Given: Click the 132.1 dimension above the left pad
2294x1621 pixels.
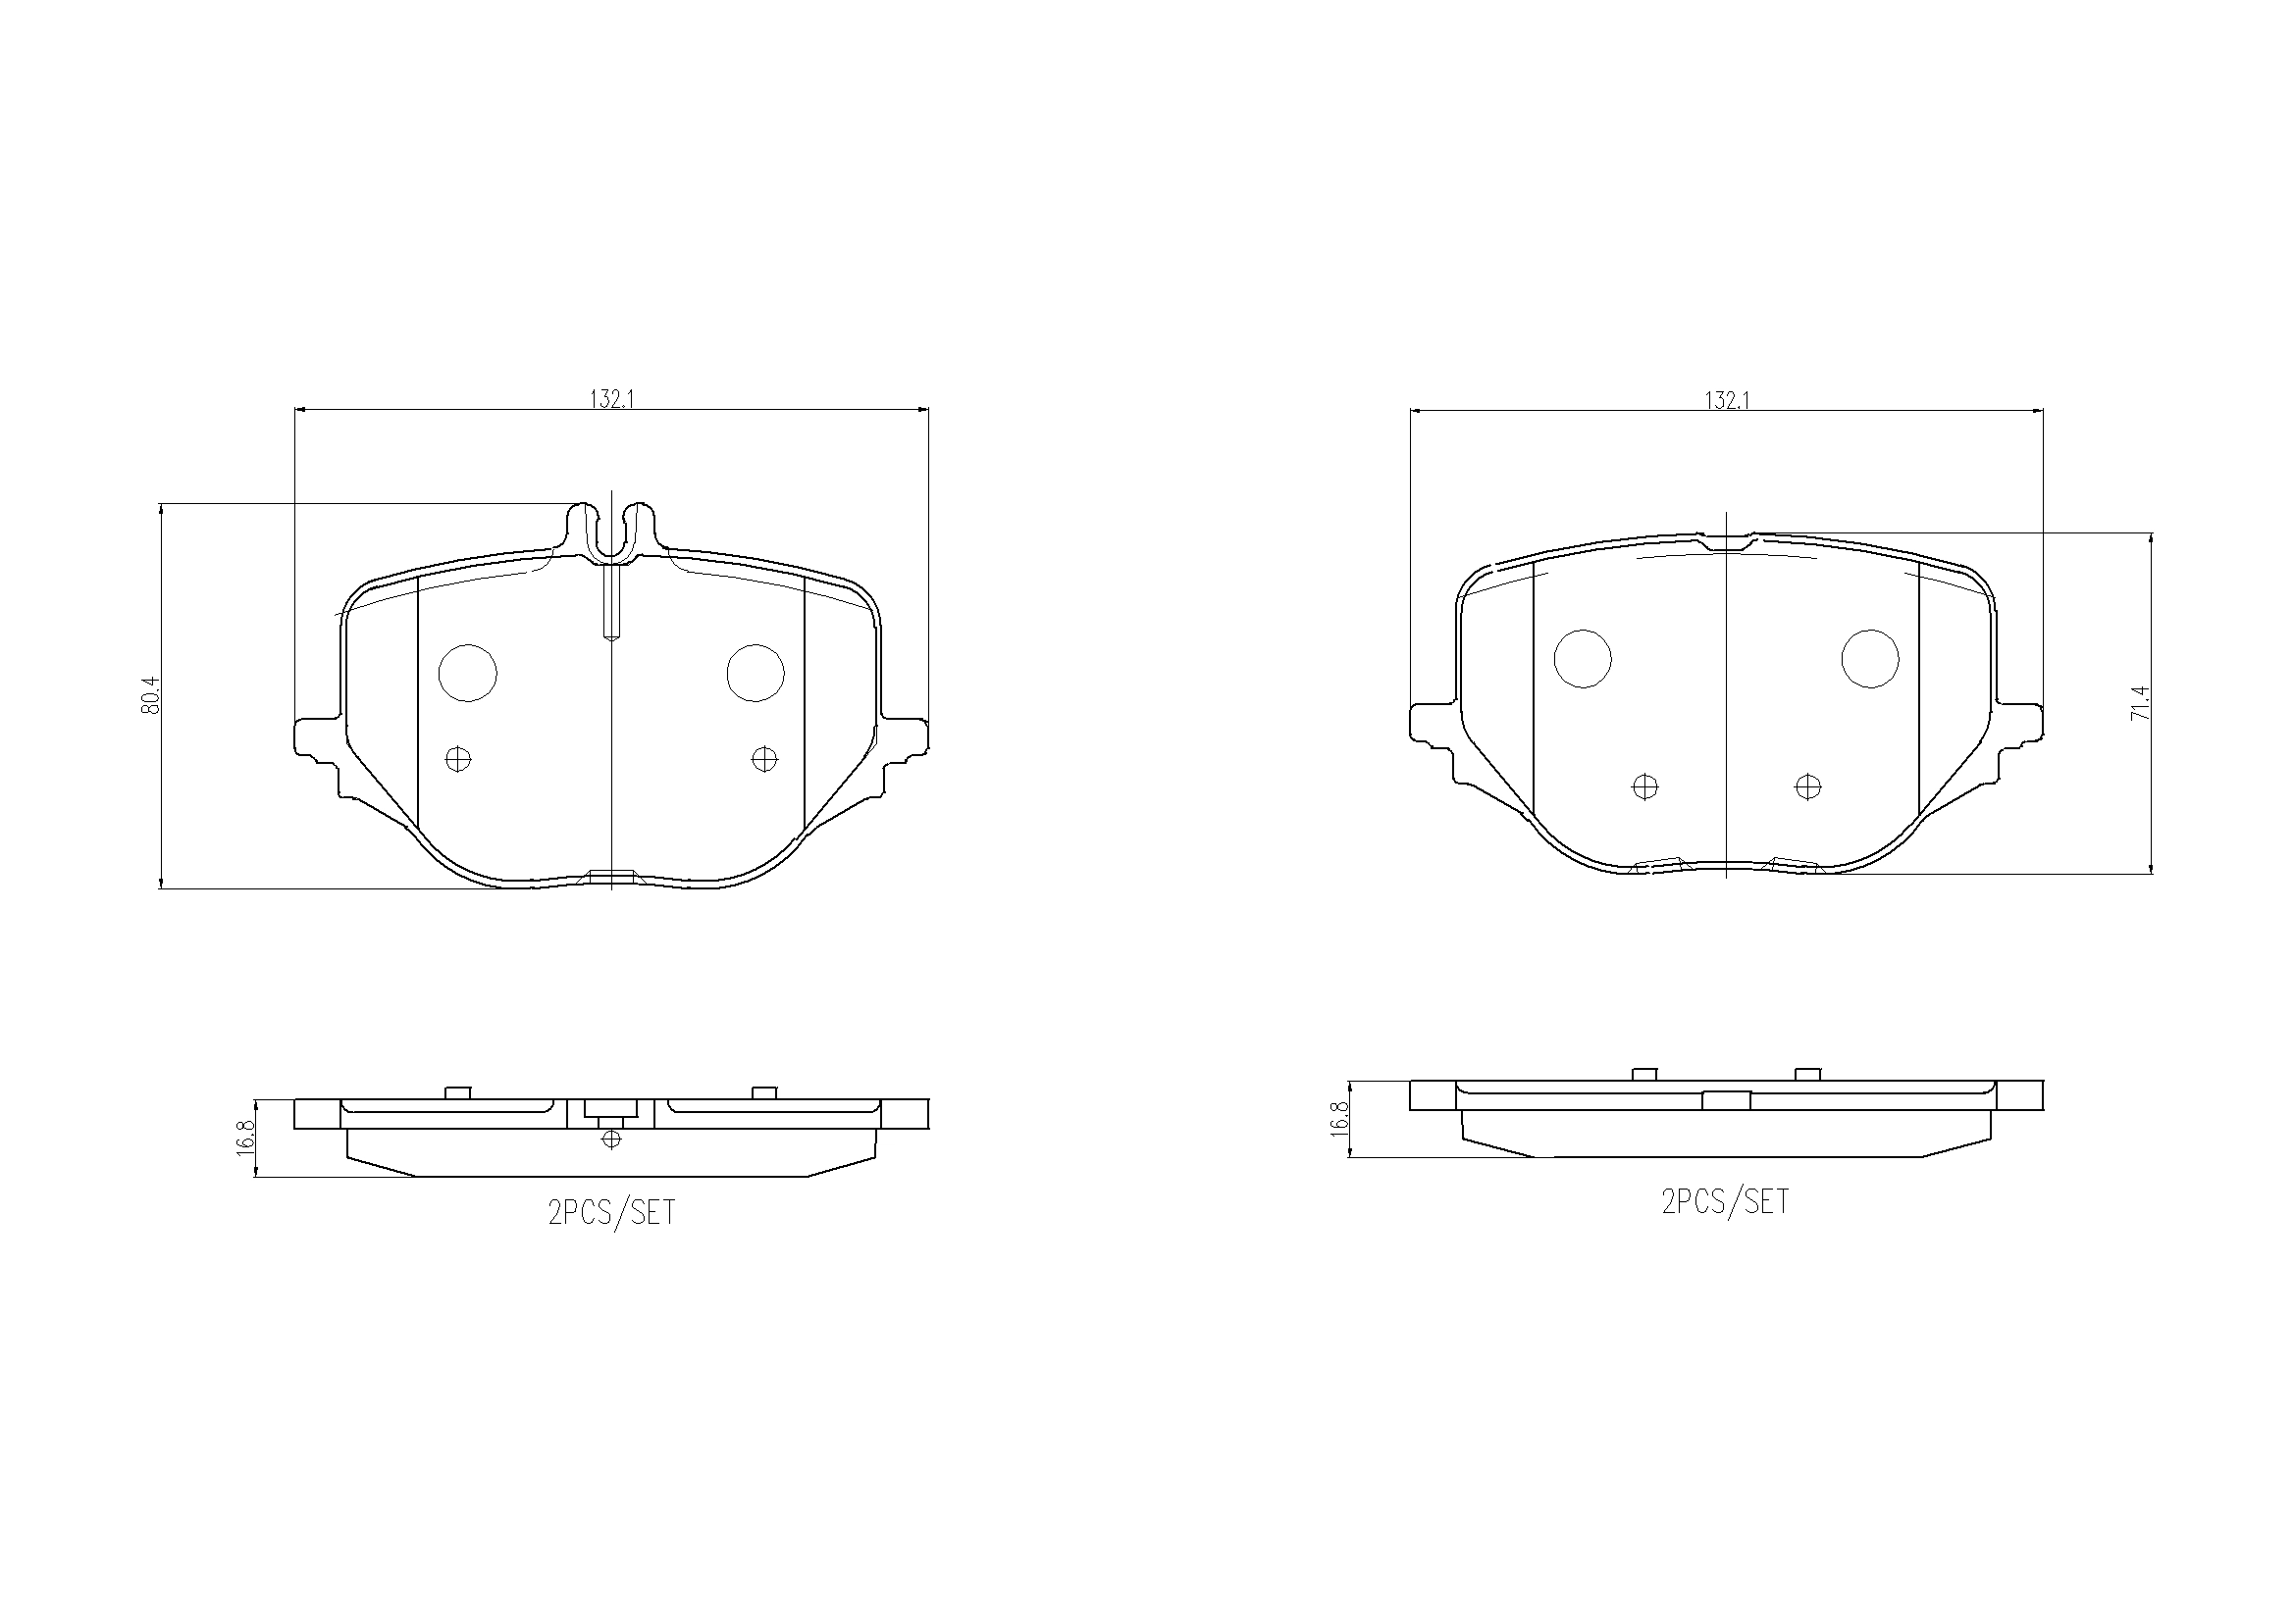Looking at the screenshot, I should (612, 398).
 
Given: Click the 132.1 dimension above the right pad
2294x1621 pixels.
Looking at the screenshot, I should (1727, 399).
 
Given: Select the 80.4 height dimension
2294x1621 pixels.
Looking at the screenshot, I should (151, 695).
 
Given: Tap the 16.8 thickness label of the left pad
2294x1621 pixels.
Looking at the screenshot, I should (245, 1138).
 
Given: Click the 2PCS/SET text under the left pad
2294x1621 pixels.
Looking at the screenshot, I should (611, 1212).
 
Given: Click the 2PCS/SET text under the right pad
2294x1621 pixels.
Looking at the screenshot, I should (1726, 1201).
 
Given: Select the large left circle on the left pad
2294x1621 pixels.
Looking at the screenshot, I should (468, 672).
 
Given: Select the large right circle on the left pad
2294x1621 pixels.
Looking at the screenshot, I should (756, 672).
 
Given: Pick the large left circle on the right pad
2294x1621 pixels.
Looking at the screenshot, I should (1583, 659).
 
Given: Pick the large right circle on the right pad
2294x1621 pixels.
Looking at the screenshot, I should (1869, 659).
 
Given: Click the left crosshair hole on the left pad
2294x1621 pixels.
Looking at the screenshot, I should (457, 760).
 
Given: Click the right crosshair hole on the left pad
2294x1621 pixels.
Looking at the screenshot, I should (764, 759).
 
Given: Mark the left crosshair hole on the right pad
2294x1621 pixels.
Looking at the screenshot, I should (1644, 787).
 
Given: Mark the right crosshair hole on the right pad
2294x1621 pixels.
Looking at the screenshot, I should (1807, 787).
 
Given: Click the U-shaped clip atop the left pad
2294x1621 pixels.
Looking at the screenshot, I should (611, 534).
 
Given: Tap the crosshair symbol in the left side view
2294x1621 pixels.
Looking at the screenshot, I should (611, 1139).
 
